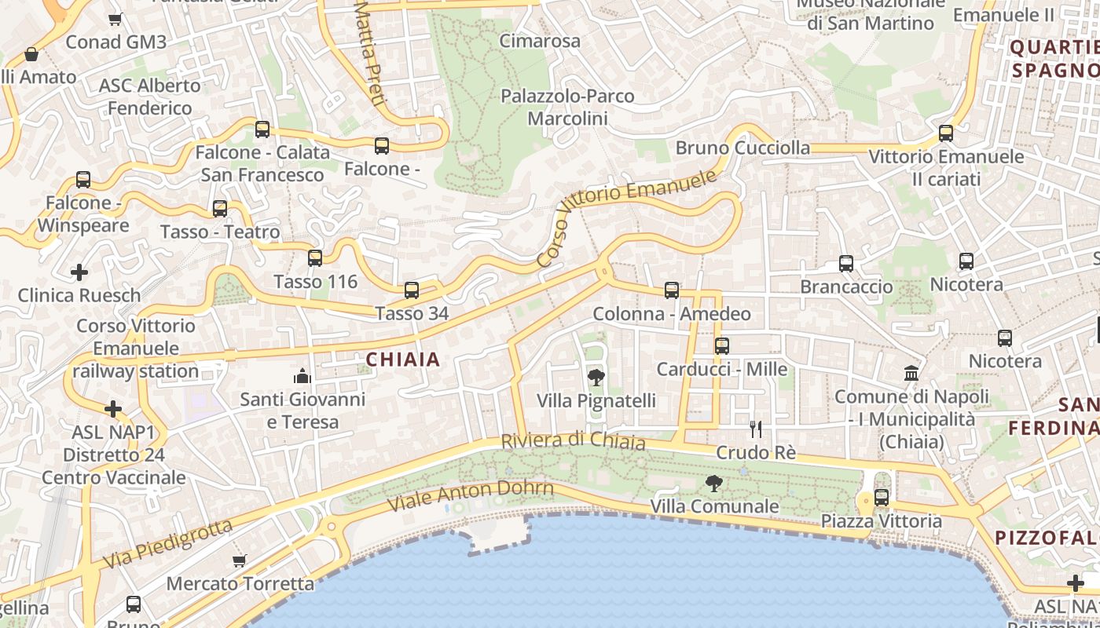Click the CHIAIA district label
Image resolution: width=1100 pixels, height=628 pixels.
(x=402, y=360)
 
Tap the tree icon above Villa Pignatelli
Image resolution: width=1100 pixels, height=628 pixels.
(x=596, y=378)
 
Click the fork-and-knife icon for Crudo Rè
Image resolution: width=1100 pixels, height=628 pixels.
(x=756, y=429)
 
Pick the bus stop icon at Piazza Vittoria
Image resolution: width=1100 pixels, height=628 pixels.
(x=882, y=498)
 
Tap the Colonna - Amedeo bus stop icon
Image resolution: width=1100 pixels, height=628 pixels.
(x=672, y=290)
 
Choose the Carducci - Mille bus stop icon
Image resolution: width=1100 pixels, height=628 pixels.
(x=722, y=345)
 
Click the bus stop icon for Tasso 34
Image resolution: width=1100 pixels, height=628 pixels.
(x=412, y=290)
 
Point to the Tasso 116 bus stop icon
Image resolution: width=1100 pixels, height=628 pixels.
(x=315, y=257)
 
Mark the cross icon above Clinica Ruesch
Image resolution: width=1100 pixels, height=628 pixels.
(x=79, y=272)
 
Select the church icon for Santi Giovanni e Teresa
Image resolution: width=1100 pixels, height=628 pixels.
(x=302, y=377)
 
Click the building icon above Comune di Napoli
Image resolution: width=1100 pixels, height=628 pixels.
(x=911, y=373)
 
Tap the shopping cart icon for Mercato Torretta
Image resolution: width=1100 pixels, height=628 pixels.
(x=240, y=560)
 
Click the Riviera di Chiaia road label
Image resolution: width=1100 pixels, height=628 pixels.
(x=573, y=441)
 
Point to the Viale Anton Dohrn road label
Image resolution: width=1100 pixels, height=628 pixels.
(x=472, y=495)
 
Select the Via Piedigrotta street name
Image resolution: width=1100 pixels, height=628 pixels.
(x=167, y=543)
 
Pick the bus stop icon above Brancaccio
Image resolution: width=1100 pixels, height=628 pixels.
(x=846, y=264)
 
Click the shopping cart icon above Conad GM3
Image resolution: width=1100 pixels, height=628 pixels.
(x=115, y=19)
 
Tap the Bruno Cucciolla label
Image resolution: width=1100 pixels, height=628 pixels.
(x=742, y=148)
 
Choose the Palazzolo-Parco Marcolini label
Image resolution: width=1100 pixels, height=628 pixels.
(x=567, y=108)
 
